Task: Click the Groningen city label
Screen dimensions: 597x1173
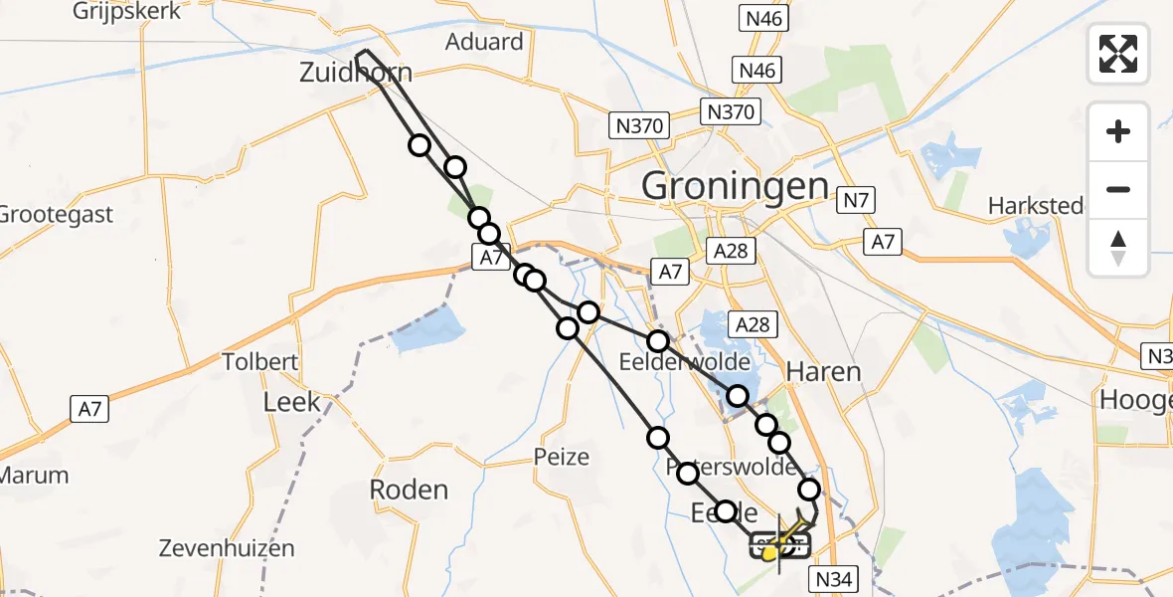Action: (x=735, y=186)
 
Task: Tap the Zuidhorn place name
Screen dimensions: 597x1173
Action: (x=356, y=72)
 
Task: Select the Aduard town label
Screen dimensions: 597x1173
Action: (x=484, y=42)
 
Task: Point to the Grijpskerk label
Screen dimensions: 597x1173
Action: (x=126, y=12)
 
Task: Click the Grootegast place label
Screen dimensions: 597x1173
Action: (x=56, y=215)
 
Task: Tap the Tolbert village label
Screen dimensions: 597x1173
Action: (x=260, y=361)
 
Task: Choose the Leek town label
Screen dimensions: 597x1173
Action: (x=291, y=402)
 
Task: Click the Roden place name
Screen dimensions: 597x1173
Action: (x=409, y=490)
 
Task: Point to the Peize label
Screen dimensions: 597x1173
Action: (x=562, y=458)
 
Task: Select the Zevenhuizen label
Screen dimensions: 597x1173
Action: (x=227, y=548)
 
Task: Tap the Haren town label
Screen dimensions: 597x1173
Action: (x=823, y=372)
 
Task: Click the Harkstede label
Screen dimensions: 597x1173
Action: (x=1035, y=206)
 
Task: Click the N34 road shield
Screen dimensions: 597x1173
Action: (x=835, y=577)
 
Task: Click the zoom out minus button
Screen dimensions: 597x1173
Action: (x=1118, y=189)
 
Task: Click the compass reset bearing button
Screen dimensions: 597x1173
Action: (x=1118, y=247)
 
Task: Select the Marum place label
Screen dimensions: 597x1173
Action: (x=34, y=475)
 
